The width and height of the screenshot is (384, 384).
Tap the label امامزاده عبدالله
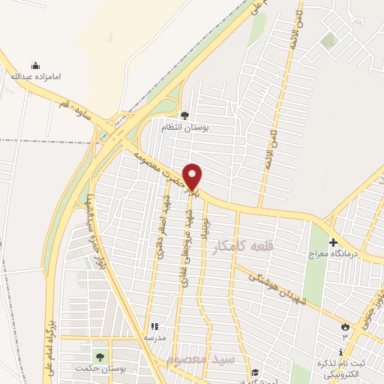(35, 76)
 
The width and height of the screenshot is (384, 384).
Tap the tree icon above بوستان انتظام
(184, 116)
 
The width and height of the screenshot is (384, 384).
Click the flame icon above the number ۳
(345, 327)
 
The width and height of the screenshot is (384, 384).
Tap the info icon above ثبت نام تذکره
(341, 352)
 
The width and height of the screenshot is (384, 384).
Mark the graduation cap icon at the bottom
(255, 372)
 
